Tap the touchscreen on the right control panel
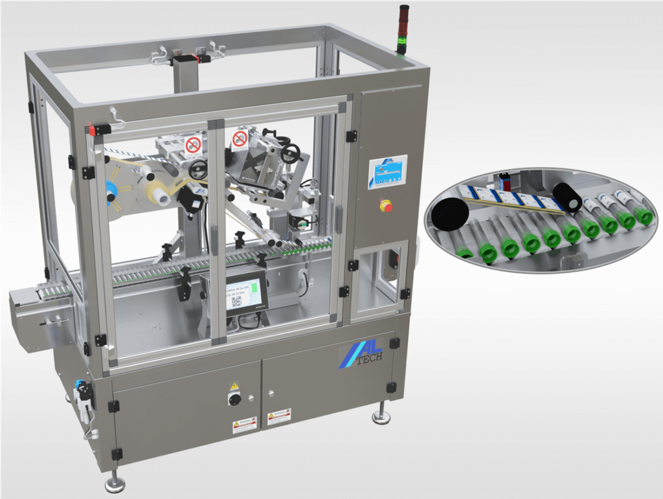click(x=388, y=173)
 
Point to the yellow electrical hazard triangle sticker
click(x=234, y=386)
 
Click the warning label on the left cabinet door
click(x=245, y=425)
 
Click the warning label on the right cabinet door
click(x=279, y=415)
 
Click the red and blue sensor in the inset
click(x=506, y=179)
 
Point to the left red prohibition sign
click(x=192, y=145)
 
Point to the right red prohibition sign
click(x=240, y=138)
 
